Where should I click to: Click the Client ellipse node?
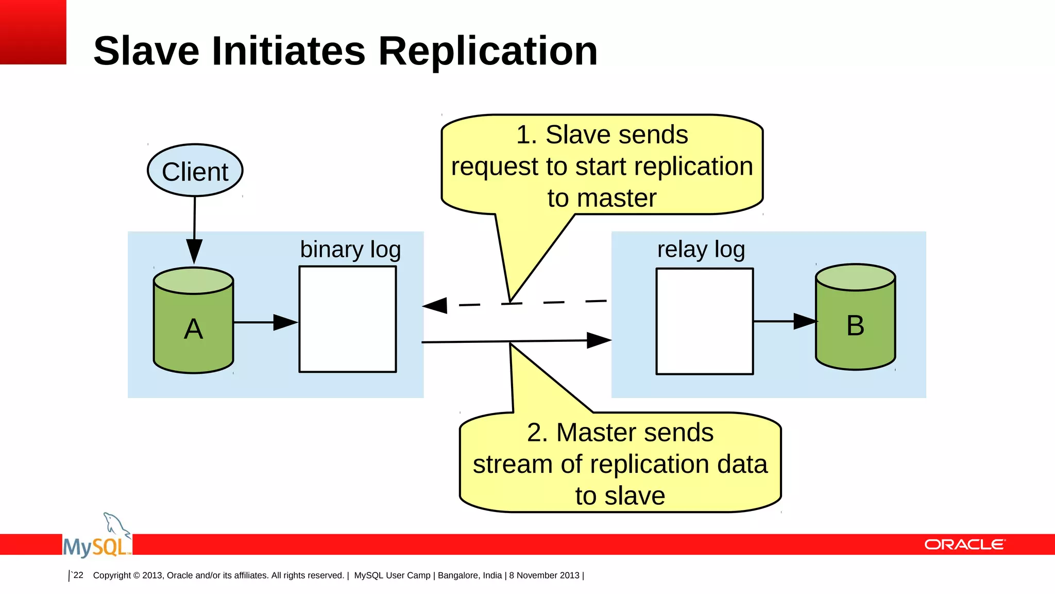click(195, 171)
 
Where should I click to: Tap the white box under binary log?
click(348, 319)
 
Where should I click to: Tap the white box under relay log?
click(704, 321)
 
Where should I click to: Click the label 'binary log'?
click(350, 250)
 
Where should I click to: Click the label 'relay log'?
click(701, 250)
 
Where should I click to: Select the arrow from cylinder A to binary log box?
click(265, 322)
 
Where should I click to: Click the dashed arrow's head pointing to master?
click(436, 305)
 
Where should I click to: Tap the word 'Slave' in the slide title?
click(146, 51)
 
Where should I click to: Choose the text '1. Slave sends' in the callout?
click(602, 135)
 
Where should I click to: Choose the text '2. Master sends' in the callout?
click(620, 433)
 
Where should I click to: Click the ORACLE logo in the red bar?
click(964, 545)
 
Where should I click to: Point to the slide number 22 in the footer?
click(78, 575)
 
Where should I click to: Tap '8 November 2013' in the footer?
click(544, 575)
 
